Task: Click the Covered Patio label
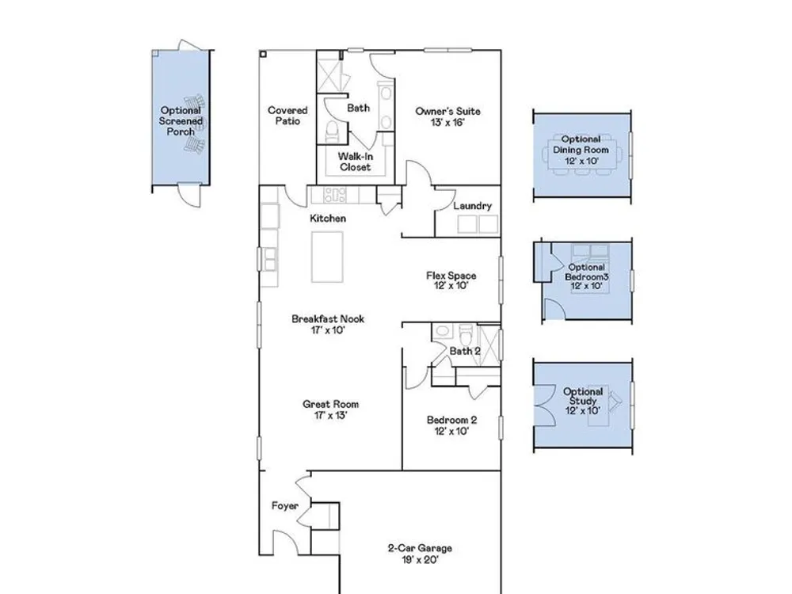click(x=287, y=116)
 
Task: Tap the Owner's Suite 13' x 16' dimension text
click(x=447, y=123)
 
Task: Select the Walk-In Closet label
click(x=355, y=162)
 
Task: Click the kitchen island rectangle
click(x=327, y=257)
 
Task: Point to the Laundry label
click(x=472, y=206)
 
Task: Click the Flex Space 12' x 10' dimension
click(x=451, y=286)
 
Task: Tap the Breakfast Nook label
click(x=328, y=318)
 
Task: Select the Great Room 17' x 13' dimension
click(x=330, y=416)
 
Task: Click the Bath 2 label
click(x=465, y=351)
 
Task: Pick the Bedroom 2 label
click(x=451, y=420)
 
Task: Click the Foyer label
click(x=285, y=505)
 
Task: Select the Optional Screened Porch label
click(x=181, y=120)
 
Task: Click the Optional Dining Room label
click(x=581, y=144)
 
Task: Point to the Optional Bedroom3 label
click(x=586, y=272)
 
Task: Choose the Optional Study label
click(x=583, y=396)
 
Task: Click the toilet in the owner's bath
click(x=332, y=131)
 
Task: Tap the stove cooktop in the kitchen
click(x=335, y=195)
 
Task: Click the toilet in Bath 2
click(x=466, y=333)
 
